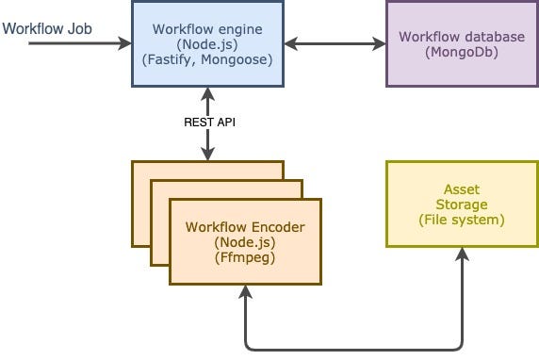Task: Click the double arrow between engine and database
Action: pyautogui.click(x=334, y=43)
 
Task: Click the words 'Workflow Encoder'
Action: pyautogui.click(x=245, y=228)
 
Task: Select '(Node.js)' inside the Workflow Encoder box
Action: pyautogui.click(x=245, y=242)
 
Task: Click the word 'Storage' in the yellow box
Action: pyautogui.click(x=462, y=205)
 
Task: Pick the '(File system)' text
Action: pyautogui.click(x=462, y=219)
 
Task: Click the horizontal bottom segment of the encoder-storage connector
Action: pyautogui.click(x=353, y=347)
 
